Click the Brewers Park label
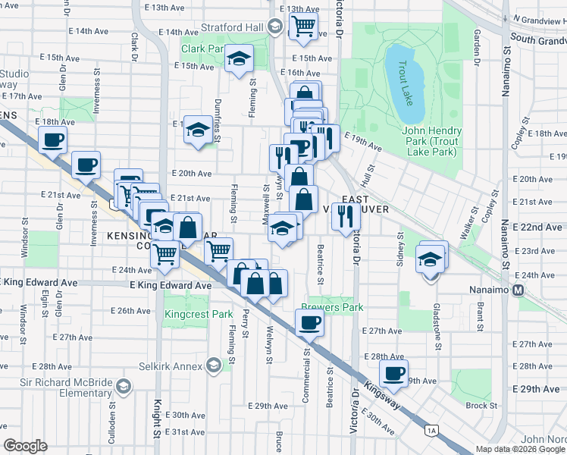(x=332, y=307)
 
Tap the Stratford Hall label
(x=232, y=28)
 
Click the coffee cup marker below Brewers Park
(x=309, y=322)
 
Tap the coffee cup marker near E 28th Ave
(x=393, y=372)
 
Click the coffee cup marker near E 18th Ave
(x=52, y=140)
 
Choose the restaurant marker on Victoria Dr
(x=346, y=216)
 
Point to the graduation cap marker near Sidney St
(x=430, y=259)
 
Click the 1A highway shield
(x=431, y=431)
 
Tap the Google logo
(x=25, y=446)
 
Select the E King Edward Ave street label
(x=171, y=285)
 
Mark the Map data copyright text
(x=521, y=449)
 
